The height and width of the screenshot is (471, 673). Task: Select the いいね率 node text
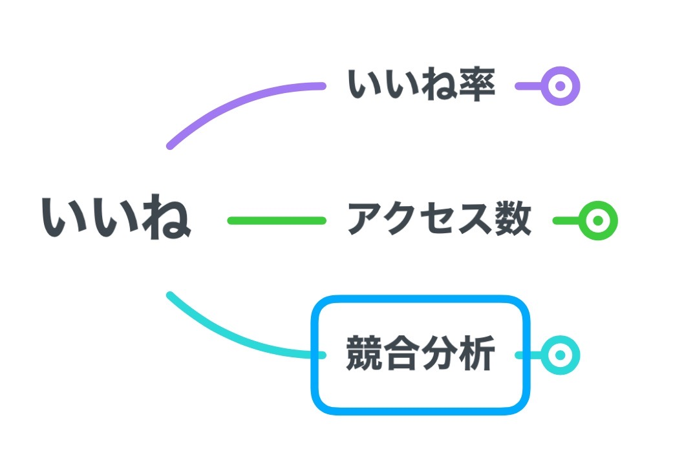pos(422,85)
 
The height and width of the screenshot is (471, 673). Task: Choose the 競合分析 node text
pos(421,354)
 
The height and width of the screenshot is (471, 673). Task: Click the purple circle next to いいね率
pos(561,85)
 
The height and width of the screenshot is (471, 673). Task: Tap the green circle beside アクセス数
pos(598,220)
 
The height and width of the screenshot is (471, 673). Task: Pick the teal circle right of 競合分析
pos(561,355)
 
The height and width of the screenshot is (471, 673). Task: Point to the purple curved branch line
pos(226,103)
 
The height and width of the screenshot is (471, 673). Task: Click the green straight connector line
pos(277,220)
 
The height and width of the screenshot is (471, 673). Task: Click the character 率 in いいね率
pos(478,85)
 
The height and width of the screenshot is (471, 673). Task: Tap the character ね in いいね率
pos(440,85)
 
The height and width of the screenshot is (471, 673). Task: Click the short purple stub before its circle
pos(528,85)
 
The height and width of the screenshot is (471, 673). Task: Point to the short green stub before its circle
pos(565,220)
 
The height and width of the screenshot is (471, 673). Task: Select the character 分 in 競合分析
pos(440,354)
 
